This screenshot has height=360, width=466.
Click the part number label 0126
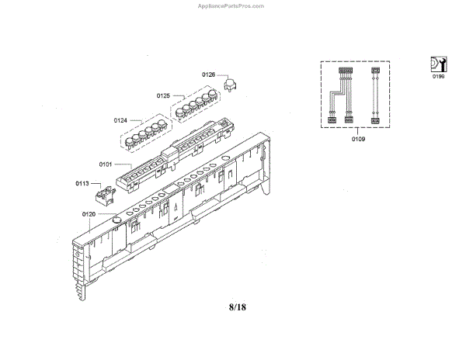point(208,74)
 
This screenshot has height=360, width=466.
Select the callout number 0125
point(163,95)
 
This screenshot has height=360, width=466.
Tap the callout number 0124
point(120,120)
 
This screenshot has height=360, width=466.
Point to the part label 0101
point(106,164)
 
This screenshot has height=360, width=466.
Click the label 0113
point(82,184)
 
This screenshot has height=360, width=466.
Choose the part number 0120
point(88,213)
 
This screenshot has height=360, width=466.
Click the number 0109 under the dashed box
point(358,140)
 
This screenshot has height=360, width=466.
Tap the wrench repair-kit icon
point(439,64)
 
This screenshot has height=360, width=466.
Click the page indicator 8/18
point(238,308)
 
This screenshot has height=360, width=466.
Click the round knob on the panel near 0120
point(117,220)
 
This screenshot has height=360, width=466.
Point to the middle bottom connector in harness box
point(349,119)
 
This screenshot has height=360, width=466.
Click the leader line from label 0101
point(116,164)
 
